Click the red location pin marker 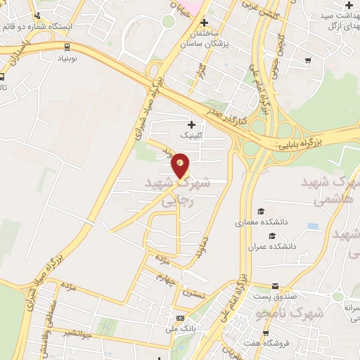pos(180,165)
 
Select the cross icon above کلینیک pos(191,124)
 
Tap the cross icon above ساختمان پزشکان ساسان pos(204,22)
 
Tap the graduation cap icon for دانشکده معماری pos(261,212)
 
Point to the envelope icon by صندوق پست pos(275,286)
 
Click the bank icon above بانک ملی pos(180,318)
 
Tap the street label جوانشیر pos(77,331)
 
